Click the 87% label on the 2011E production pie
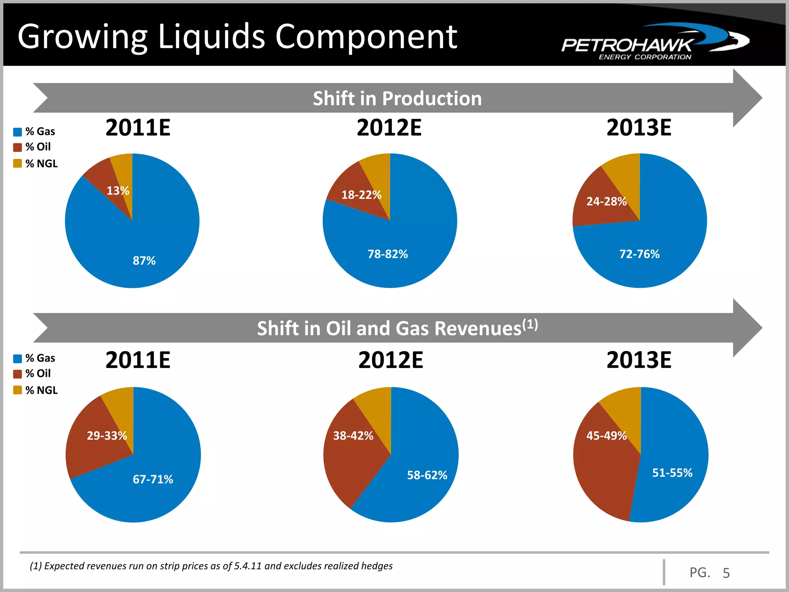pos(144,261)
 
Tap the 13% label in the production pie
pos(118,191)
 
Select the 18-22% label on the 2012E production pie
pos(361,195)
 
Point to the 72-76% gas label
pos(639,254)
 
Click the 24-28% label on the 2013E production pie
pos(606,202)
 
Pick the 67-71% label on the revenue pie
pos(153,479)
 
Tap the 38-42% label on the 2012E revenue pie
pos(353,436)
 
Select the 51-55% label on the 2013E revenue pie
pos(672,473)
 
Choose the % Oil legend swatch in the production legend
pos(17,148)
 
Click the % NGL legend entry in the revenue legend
pos(41,390)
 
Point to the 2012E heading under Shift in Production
pos(389,128)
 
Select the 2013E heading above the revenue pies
pos(639,360)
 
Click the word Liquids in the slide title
pos(212,37)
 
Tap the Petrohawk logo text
pos(626,45)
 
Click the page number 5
pos(726,573)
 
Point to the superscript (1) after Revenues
pos(530,324)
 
